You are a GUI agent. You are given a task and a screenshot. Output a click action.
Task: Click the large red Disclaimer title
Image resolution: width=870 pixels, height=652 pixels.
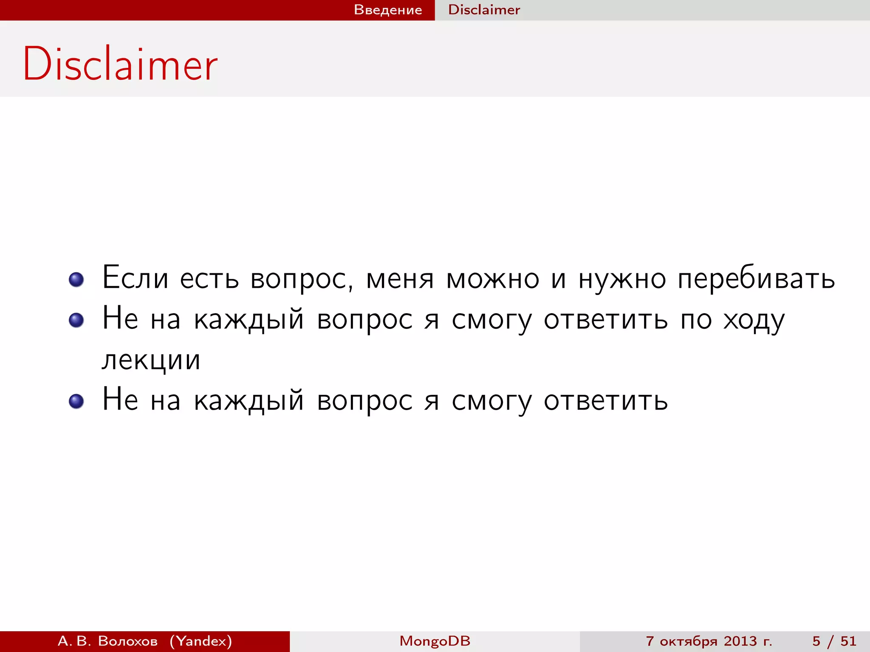[120, 64]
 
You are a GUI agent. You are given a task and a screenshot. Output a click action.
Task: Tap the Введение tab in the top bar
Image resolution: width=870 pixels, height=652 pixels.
[388, 10]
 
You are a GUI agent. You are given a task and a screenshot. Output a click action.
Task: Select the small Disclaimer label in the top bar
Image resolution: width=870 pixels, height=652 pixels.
[484, 10]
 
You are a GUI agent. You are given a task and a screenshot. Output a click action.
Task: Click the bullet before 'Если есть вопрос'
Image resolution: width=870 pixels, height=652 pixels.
[76, 279]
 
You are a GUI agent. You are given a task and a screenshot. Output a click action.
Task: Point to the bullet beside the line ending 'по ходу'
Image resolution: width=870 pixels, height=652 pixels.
[76, 320]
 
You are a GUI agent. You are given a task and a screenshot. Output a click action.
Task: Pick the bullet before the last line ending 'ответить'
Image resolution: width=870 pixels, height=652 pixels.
[76, 401]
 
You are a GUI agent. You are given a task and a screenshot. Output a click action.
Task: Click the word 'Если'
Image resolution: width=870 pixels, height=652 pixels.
[135, 278]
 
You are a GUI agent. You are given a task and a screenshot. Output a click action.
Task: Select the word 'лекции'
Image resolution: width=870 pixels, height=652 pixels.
[151, 361]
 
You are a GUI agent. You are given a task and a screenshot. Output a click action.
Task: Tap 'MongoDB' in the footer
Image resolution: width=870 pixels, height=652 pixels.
[435, 641]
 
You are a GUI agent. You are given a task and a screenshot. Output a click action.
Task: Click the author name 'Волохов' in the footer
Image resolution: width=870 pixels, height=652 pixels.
[128, 641]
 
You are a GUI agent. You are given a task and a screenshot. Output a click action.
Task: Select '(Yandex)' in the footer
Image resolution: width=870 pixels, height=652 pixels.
[201, 641]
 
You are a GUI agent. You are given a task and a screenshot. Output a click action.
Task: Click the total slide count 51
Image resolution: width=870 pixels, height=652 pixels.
[848, 641]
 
